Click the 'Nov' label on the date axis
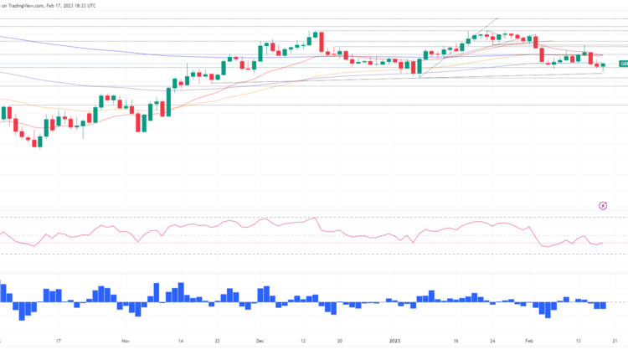tap(126, 341)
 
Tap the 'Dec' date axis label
tap(261, 341)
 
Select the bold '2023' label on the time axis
tap(397, 341)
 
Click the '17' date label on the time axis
tap(58, 341)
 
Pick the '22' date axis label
tap(217, 341)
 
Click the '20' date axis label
tap(339, 341)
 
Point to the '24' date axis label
tap(493, 341)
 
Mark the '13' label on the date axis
tap(578, 341)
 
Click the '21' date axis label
tap(615, 341)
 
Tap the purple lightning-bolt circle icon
tap(603, 204)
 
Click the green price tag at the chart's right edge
tap(623, 64)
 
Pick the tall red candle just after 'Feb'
tap(542, 54)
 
